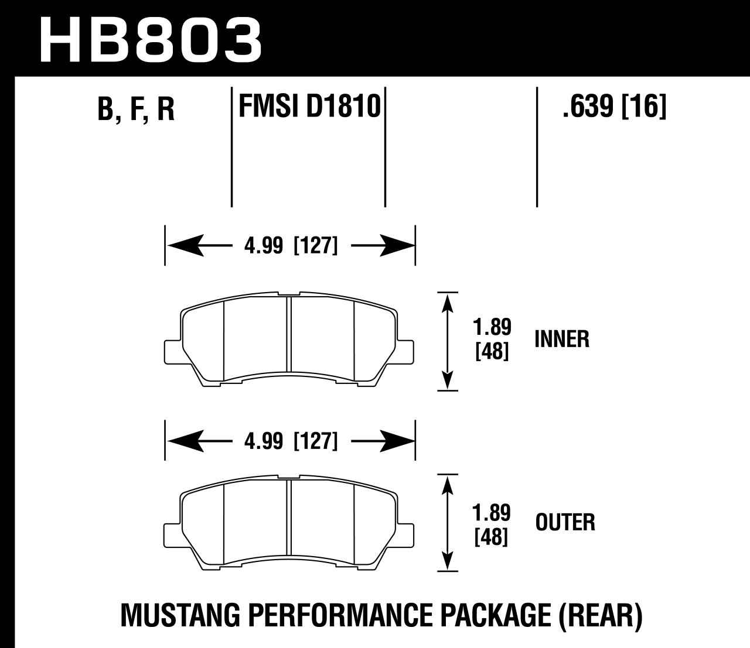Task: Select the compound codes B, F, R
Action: tap(136, 109)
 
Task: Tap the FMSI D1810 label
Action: tap(309, 107)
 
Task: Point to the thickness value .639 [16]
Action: tap(614, 107)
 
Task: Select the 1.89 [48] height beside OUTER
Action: tap(492, 524)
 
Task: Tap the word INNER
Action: tap(561, 339)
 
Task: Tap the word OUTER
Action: tap(565, 522)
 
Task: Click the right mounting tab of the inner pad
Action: tap(407, 351)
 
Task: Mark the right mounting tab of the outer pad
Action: tap(407, 533)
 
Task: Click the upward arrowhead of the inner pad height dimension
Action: tap(448, 301)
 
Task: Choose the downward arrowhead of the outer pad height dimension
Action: tap(448, 561)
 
